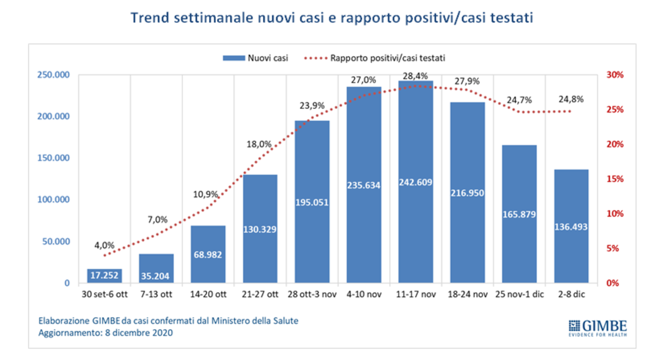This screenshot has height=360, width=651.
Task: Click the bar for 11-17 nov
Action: [415, 182]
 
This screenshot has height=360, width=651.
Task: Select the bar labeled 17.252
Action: [104, 276]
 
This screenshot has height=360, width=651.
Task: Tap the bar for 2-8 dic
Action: [571, 227]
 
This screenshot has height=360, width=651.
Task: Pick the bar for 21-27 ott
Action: [260, 229]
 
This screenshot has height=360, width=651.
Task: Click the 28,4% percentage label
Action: [415, 75]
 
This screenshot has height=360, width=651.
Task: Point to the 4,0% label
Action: [105, 246]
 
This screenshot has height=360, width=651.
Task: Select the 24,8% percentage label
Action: [571, 99]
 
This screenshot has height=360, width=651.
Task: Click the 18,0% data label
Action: [260, 144]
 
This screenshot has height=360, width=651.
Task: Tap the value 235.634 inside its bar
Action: [363, 185]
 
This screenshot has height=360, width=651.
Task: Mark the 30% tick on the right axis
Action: [614, 75]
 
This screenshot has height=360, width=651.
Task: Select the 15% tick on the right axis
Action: [614, 179]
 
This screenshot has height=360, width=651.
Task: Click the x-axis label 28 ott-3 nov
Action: [312, 295]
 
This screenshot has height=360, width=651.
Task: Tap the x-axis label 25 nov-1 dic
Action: [519, 295]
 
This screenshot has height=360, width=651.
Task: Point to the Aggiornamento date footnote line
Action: [106, 333]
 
